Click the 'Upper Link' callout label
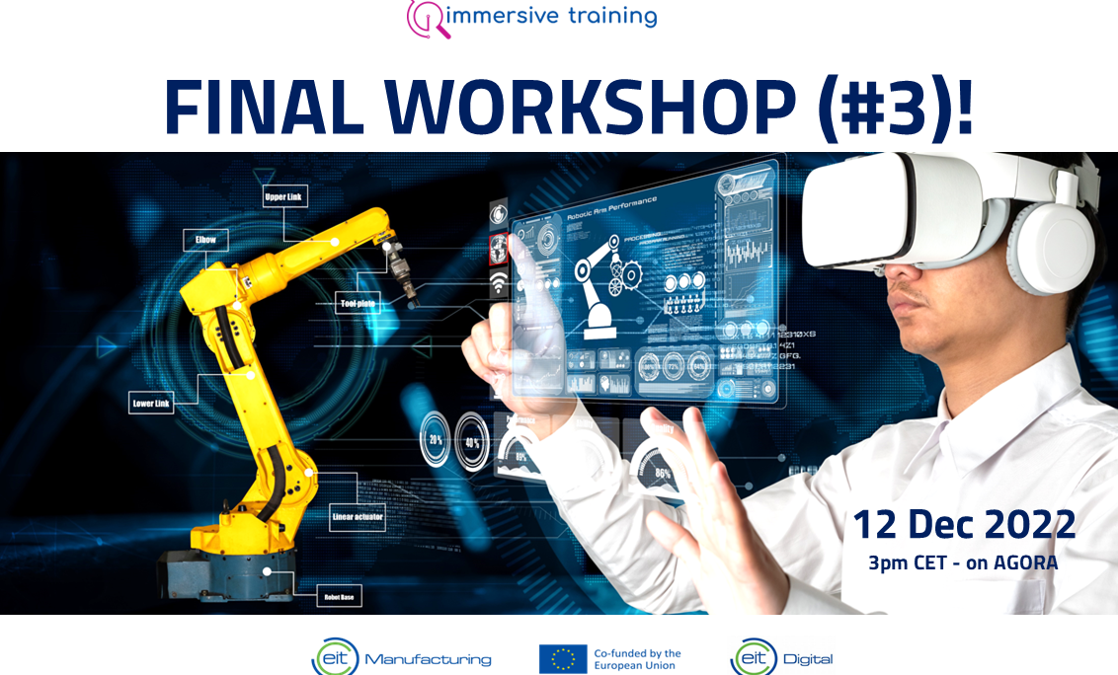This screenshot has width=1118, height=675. click(x=283, y=196)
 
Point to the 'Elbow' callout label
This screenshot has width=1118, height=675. click(x=205, y=240)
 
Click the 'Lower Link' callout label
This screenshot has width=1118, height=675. click(x=150, y=403)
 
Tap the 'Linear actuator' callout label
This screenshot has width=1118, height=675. click(x=358, y=516)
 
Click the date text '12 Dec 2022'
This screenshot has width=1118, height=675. click(x=963, y=525)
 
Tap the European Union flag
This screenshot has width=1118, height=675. click(x=563, y=658)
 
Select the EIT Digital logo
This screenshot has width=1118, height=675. click(x=781, y=657)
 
